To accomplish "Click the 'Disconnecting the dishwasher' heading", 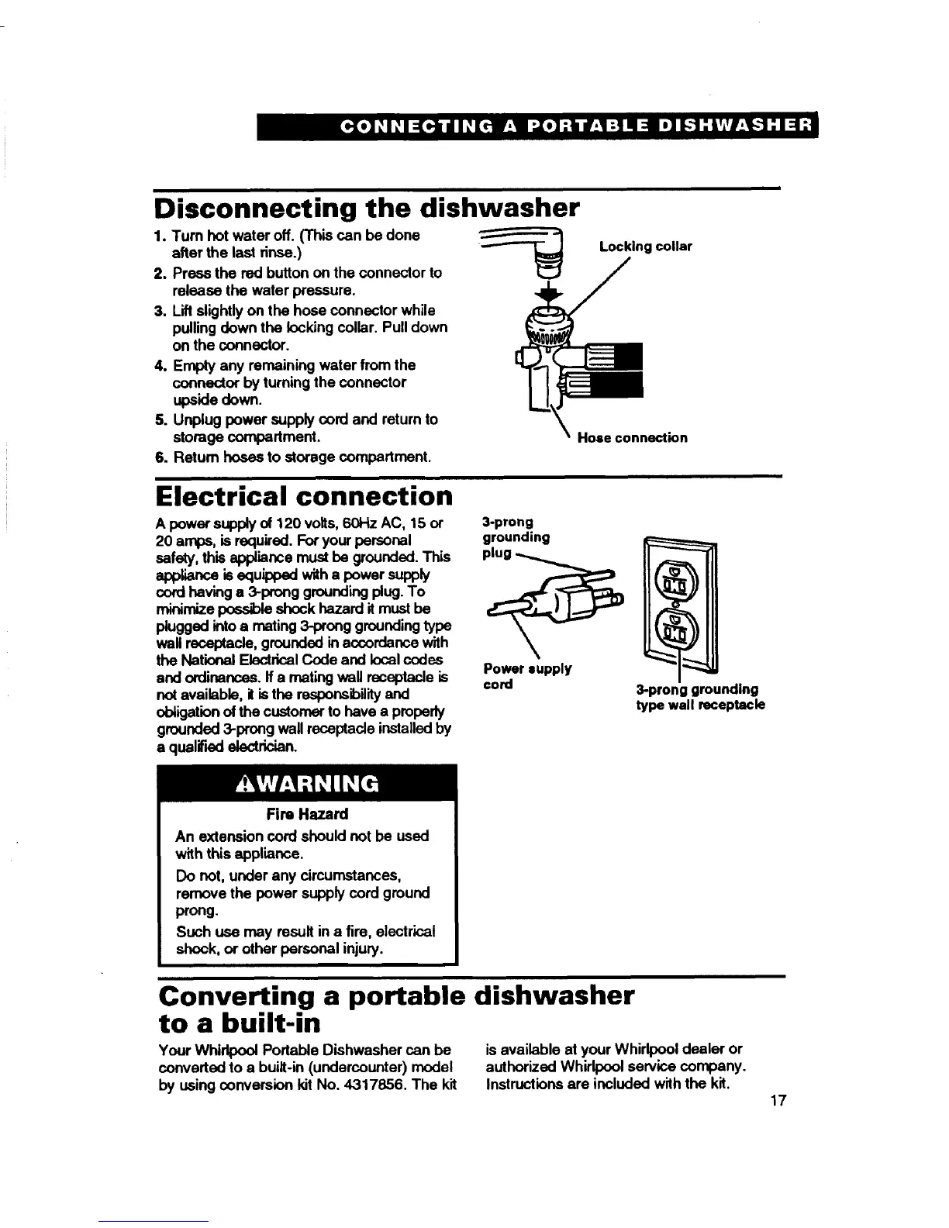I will pyautogui.click(x=367, y=208).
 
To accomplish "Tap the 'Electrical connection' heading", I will pyautogui.click(x=304, y=495).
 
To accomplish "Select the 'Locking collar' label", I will pyautogui.click(x=645, y=247).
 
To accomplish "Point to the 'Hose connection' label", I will pyautogui.click(x=632, y=438).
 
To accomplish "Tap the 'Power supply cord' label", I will pyautogui.click(x=527, y=676).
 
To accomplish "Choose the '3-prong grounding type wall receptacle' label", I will pyautogui.click(x=700, y=697).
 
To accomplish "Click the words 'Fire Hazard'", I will pyautogui.click(x=307, y=814).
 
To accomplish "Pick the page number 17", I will pyautogui.click(x=778, y=1102).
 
